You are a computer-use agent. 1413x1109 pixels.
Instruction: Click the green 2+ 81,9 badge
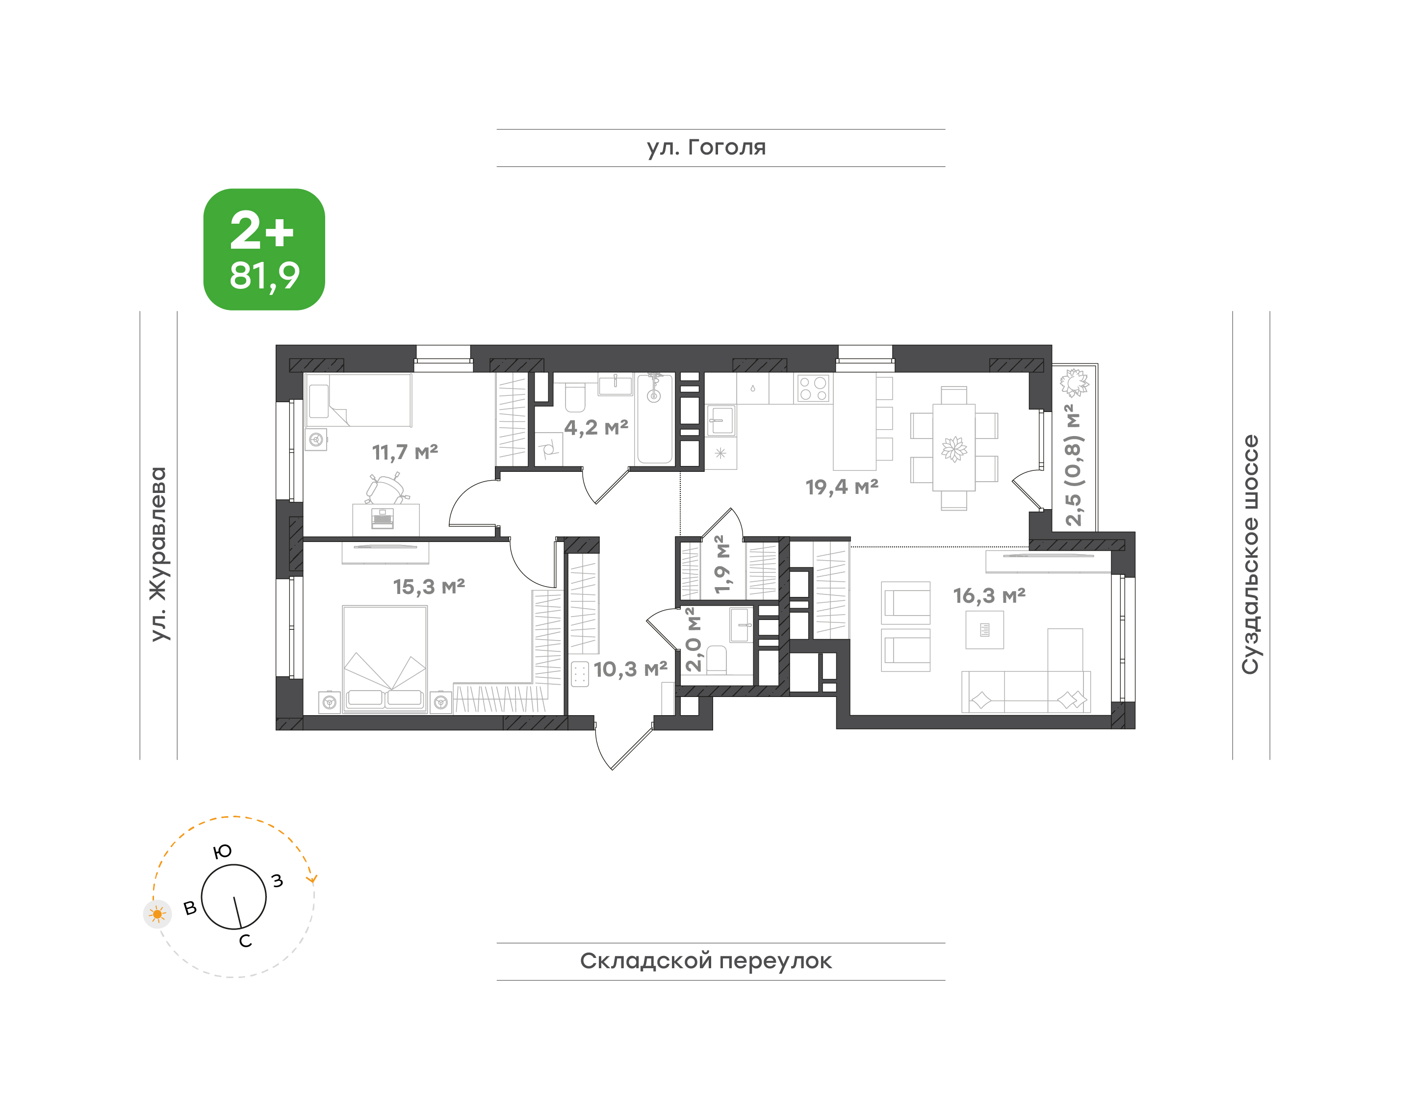pos(264,249)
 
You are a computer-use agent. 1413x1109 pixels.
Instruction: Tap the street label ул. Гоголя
pos(706,147)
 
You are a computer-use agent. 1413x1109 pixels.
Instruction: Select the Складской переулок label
pos(706,961)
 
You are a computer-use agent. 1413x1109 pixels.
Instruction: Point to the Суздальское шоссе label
pos(1250,554)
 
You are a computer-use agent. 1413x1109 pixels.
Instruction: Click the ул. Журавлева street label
pos(158,554)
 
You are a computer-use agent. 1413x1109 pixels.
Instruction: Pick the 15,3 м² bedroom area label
pos(429,587)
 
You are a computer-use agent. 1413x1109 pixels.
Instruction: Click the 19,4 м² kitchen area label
pos(842,487)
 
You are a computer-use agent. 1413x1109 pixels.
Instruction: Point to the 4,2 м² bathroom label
pos(596,427)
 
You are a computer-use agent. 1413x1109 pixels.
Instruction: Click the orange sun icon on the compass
pos(157,915)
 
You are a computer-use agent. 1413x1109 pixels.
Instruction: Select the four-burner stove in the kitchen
pos(813,389)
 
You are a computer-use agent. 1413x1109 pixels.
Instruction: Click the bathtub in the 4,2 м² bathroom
pos(655,419)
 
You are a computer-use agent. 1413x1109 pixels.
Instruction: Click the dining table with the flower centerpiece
pos(954,448)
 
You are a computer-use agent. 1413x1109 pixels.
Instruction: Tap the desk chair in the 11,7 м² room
pos(387,488)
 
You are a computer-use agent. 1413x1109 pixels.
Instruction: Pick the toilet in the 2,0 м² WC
pos(716,660)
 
